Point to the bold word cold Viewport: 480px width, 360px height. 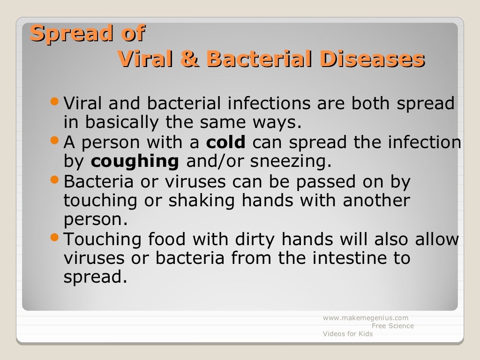point(226,142)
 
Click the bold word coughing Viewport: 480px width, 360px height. point(135,161)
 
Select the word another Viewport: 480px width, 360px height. point(376,200)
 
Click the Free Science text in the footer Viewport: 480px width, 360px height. point(393,326)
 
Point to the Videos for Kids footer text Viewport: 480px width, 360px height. point(348,334)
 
